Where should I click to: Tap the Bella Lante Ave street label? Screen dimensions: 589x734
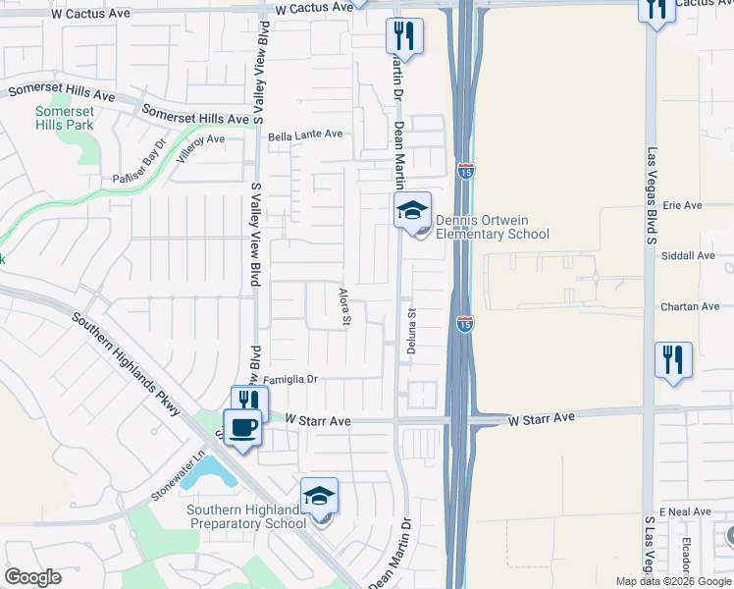click(305, 135)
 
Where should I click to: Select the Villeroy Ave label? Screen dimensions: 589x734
click(202, 147)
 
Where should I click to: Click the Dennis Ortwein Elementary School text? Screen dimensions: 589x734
click(492, 227)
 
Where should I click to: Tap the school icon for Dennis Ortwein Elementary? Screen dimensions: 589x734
click(412, 209)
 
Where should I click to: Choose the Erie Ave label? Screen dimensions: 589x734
click(683, 205)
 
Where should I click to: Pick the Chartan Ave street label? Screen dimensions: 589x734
click(690, 306)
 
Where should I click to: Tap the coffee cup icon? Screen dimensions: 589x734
click(242, 427)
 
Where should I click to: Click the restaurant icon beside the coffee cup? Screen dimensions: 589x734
click(249, 402)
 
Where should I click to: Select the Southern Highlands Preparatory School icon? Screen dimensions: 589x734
click(319, 496)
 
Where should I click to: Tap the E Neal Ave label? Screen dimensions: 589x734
click(684, 513)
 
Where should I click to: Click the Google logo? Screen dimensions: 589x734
click(33, 577)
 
